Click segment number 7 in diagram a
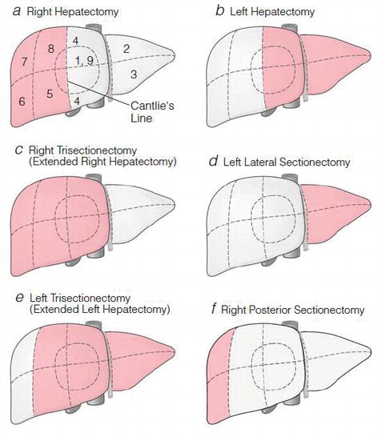(24, 62)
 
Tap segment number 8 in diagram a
(50, 49)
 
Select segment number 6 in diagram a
(22, 102)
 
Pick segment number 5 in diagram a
(50, 94)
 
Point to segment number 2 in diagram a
(127, 49)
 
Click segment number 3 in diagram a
(134, 74)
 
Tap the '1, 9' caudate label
(84, 61)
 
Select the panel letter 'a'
(17, 11)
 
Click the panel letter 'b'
(219, 10)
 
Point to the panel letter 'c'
(18, 150)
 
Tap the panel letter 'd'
(214, 161)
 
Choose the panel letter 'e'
(19, 298)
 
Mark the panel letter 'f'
(214, 309)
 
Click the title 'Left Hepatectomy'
(272, 12)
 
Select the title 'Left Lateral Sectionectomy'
(287, 162)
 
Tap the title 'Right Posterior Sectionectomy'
(292, 310)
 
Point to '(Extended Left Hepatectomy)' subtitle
(100, 309)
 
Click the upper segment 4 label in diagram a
(75, 41)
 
